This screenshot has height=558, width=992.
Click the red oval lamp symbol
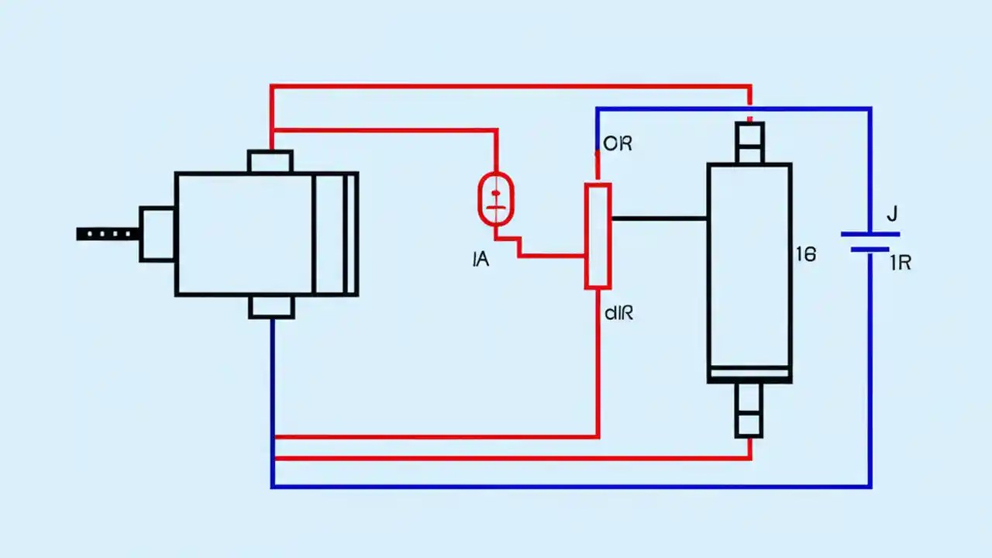[495, 199]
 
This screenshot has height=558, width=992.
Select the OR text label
[618, 144]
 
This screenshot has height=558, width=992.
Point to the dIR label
[618, 314]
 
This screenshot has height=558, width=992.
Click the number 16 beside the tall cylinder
[806, 254]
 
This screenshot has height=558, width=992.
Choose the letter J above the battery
[891, 213]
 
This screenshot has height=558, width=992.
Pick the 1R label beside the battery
[900, 263]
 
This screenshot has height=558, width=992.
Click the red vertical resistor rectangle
[598, 236]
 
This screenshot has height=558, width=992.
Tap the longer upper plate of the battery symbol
[870, 233]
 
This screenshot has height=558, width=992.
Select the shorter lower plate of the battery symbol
[870, 250]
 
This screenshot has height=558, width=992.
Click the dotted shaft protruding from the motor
[108, 233]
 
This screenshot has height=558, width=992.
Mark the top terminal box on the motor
[270, 162]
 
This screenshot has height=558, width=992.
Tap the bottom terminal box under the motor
[271, 307]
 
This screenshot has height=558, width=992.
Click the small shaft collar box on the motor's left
[157, 234]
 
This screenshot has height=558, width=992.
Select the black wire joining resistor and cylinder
[659, 219]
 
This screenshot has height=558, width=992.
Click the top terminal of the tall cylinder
[749, 143]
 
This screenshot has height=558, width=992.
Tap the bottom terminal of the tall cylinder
[749, 410]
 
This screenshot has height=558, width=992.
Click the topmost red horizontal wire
[511, 85]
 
